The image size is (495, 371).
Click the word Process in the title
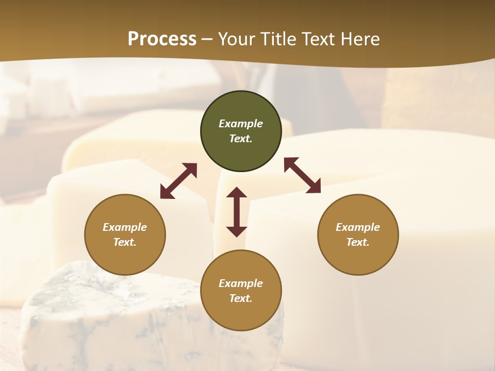tap(162, 39)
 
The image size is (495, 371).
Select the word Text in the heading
tap(319, 39)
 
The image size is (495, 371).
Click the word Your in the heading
tap(236, 39)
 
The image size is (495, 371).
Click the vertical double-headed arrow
tap(237, 212)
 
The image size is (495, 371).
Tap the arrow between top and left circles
tap(178, 181)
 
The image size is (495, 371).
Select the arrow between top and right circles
tap(303, 175)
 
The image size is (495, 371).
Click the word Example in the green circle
tap(241, 124)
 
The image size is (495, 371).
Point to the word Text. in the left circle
tap(125, 242)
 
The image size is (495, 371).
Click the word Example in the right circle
tap(358, 227)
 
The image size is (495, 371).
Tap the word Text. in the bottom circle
tap(241, 298)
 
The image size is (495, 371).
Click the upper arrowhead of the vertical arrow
tap(237, 193)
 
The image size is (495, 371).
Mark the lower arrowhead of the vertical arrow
tap(237, 231)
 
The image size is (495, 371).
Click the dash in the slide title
tap(207, 39)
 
